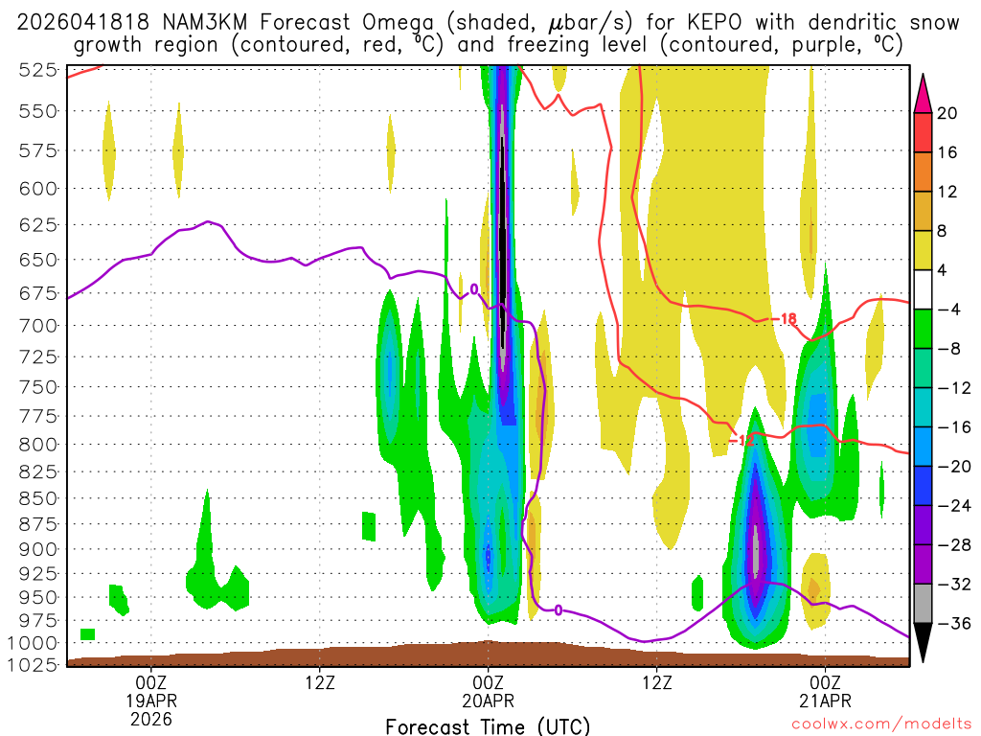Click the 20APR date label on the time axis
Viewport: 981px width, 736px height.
pos(488,700)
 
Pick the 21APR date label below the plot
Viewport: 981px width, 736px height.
pos(825,700)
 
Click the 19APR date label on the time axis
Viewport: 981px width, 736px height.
pos(150,700)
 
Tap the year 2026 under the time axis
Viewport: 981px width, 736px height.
pos(150,718)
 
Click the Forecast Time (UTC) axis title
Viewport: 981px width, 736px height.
pos(488,726)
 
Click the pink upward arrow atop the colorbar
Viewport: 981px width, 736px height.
pos(923,93)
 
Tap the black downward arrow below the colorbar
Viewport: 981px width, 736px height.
pos(923,643)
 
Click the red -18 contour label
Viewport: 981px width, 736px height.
pos(788,318)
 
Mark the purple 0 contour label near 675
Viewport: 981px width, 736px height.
pos(473,288)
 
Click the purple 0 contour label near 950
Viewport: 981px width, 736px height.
pos(558,609)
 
